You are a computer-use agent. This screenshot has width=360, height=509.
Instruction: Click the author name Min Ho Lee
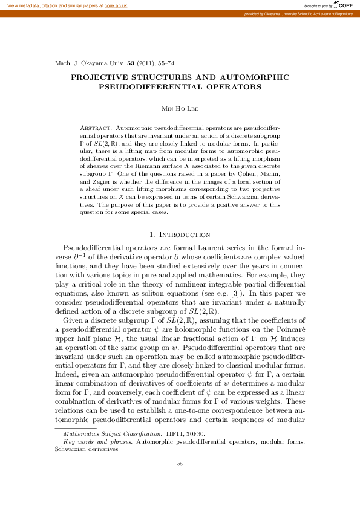click(179, 108)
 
